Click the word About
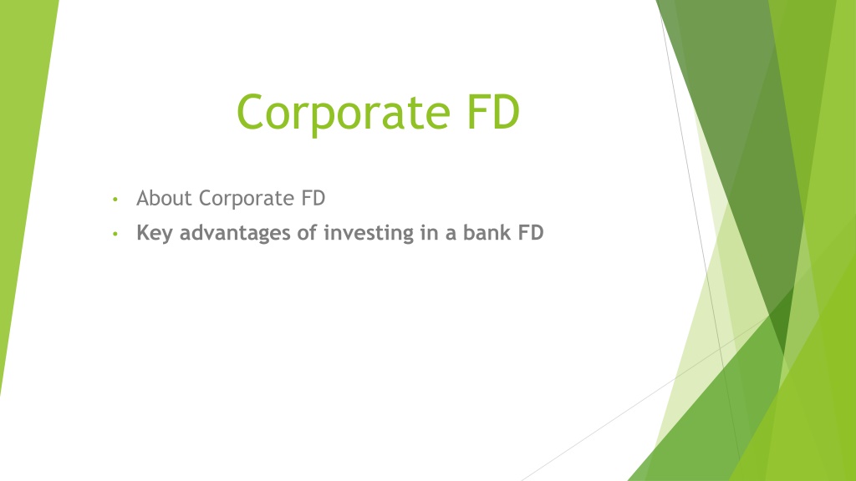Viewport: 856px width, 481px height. tap(165, 199)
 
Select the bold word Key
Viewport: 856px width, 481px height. tap(155, 234)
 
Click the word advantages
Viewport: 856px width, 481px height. tap(236, 235)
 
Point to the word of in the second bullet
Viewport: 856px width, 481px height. tap(307, 233)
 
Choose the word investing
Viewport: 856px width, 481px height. tap(363, 235)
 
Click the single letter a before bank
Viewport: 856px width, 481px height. tap(450, 235)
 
